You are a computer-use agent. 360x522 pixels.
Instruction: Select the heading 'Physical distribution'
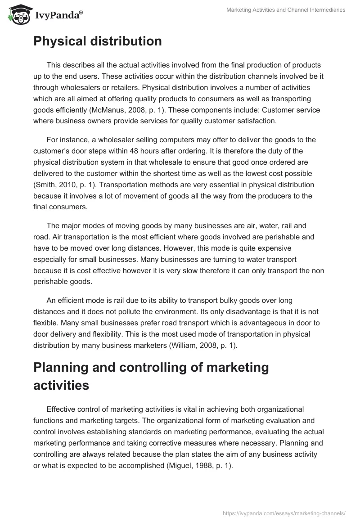coord(98,41)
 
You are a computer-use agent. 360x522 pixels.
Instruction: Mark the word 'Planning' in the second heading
coord(58,367)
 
